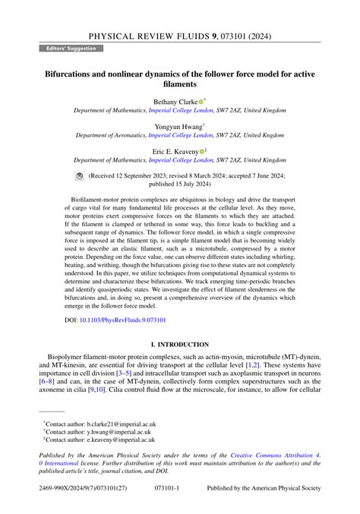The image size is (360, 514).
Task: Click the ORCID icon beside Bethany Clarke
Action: click(201, 101)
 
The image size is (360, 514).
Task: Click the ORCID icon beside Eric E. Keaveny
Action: click(201, 151)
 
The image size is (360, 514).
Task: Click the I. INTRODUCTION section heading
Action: click(179, 342)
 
